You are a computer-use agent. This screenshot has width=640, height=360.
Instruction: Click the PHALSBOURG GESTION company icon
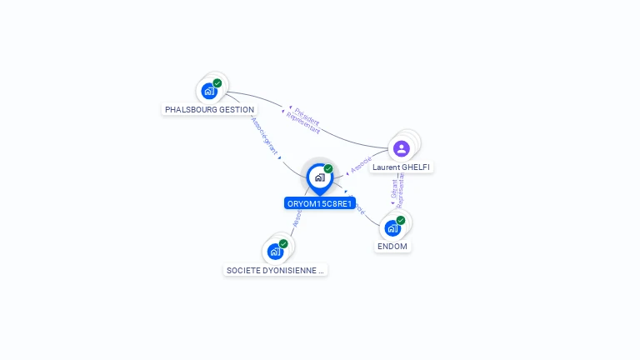208,91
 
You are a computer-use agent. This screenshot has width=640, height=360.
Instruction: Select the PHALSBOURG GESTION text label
209,109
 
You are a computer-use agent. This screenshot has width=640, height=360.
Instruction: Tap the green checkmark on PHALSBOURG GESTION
217,82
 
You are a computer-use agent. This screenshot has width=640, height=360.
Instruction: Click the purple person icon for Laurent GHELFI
402,148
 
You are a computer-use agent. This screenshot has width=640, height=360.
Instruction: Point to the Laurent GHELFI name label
402,167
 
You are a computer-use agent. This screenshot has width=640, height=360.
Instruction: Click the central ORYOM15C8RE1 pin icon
319,177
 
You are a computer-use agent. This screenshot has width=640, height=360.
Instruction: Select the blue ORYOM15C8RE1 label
320,203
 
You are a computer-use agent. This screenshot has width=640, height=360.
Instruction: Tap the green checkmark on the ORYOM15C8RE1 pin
328,168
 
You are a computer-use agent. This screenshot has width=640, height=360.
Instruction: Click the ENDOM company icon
392,228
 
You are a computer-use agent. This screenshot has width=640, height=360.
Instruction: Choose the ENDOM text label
392,247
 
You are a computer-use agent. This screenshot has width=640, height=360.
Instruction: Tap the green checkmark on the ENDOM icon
401,220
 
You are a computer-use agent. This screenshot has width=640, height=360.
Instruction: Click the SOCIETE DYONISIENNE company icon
275,251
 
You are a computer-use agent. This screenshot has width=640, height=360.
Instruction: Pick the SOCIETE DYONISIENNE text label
276,270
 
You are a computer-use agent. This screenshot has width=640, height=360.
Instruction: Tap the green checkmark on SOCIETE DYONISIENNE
283,243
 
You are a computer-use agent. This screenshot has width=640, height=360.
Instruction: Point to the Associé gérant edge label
265,135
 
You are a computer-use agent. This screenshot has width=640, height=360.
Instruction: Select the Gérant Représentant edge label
397,192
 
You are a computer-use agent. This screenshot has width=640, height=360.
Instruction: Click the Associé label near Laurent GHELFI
361,164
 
